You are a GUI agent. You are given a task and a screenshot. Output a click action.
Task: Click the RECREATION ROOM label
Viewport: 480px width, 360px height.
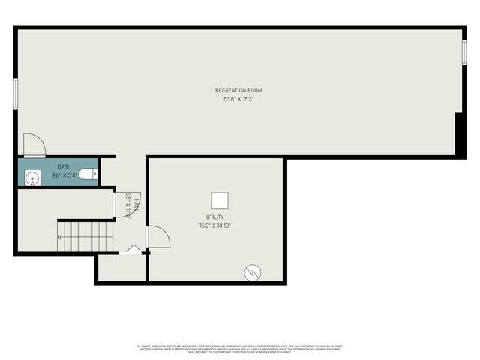tap(238, 90)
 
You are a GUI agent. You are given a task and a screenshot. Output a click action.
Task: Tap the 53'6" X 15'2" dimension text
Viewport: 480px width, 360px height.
tap(238, 99)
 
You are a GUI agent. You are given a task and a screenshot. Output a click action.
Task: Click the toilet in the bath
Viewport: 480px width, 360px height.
tap(87, 175)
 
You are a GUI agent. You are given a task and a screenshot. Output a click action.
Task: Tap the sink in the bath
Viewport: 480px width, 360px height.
tap(32, 178)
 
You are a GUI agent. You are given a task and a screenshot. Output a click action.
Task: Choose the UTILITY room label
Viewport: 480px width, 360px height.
tap(215, 217)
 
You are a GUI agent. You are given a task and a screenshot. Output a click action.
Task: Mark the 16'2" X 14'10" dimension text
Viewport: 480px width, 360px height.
tap(215, 225)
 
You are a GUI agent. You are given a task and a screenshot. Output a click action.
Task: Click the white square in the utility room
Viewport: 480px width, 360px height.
tap(220, 200)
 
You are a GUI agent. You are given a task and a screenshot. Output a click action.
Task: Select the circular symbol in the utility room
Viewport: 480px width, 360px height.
tap(253, 272)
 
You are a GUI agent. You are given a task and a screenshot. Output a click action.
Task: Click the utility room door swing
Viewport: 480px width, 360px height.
tap(157, 236)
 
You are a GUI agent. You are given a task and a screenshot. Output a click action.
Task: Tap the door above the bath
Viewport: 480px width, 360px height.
tap(34, 145)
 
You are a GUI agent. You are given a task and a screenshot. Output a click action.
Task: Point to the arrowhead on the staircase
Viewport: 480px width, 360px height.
tap(60, 237)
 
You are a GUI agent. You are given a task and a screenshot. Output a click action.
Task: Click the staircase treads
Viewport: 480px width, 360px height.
tap(86, 235)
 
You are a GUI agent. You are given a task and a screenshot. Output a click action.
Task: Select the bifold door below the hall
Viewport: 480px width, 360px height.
tap(133, 249)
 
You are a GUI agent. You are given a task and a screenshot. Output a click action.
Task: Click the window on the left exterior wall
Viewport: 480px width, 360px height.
tap(16, 93)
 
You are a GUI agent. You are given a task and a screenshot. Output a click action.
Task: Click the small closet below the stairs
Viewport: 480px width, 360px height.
tap(120, 268)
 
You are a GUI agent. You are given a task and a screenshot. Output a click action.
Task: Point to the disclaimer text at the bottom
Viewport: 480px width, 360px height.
tap(238, 349)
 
